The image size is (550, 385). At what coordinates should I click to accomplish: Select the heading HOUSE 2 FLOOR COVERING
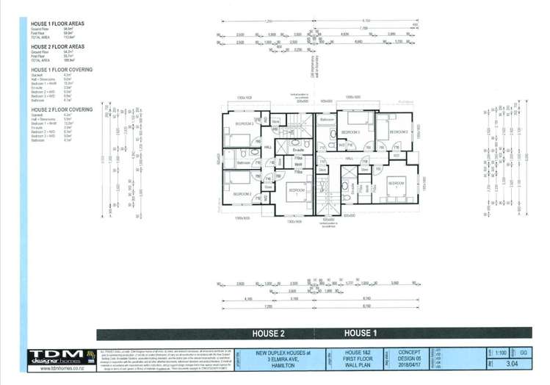tap(61, 109)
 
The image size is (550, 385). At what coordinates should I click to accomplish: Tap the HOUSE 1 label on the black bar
tap(360, 334)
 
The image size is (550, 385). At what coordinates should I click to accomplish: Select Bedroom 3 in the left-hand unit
tap(245, 124)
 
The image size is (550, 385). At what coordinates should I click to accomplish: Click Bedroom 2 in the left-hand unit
tap(245, 194)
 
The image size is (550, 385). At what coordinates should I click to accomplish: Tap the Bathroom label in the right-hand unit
tap(328, 119)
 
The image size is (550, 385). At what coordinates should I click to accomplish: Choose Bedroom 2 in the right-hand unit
tap(399, 132)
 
